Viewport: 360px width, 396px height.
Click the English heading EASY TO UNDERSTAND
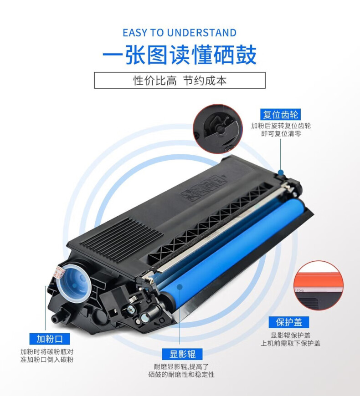coord(180,33)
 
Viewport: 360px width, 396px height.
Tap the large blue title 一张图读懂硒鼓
coord(180,55)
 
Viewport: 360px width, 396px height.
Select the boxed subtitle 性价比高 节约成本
coord(180,80)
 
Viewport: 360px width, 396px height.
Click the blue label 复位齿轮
coord(280,115)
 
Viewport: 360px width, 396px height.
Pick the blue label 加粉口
coord(50,339)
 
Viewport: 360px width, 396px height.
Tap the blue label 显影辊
coord(183,354)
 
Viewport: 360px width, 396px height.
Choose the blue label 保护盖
coord(289,322)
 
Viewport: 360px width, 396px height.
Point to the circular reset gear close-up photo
coord(218,129)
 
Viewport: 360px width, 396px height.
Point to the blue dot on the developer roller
coord(180,287)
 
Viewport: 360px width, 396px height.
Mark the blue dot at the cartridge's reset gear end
coord(281,173)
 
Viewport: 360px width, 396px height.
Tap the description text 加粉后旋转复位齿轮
coord(281,126)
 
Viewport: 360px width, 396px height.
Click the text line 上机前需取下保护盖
coord(290,343)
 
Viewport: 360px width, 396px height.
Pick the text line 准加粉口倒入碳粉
coord(47,360)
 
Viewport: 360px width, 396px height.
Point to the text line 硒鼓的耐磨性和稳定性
coord(181,374)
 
